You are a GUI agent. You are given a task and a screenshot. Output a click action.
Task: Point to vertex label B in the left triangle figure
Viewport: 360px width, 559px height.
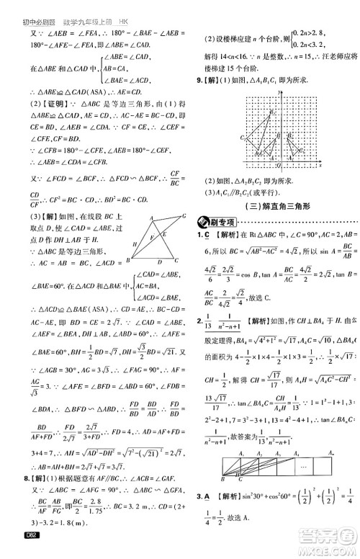[128, 260]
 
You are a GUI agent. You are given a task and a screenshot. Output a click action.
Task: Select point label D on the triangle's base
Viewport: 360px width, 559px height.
[158, 261]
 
